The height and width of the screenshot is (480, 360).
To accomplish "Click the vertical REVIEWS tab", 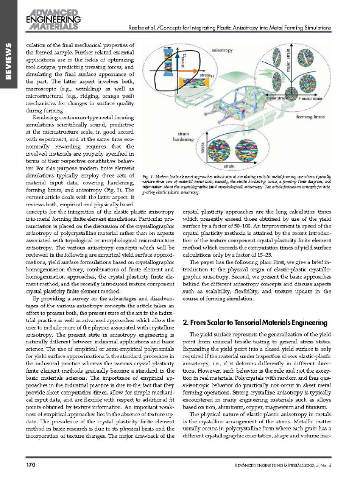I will tap(8, 66).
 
